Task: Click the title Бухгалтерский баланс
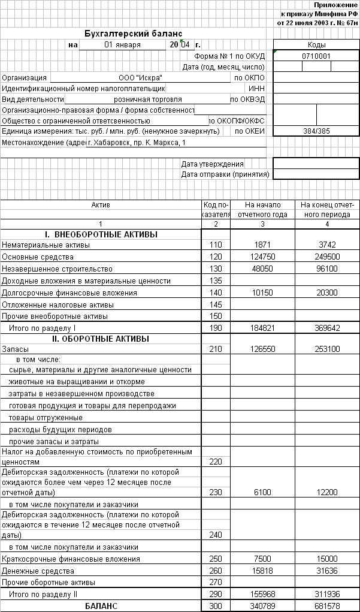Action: (x=134, y=34)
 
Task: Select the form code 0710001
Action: (x=316, y=56)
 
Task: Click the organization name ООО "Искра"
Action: (x=141, y=78)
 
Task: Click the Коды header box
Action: (x=316, y=45)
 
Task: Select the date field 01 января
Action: (x=122, y=45)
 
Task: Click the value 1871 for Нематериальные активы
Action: (x=263, y=245)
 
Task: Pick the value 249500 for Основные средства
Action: (x=327, y=257)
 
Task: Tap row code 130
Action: (x=216, y=269)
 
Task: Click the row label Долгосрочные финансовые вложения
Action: (x=69, y=293)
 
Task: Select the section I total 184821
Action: (x=263, y=328)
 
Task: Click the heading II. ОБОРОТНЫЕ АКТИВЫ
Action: (x=101, y=339)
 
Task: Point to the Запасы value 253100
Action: (x=327, y=349)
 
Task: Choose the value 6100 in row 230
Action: (x=263, y=493)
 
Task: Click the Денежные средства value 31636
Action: (x=327, y=571)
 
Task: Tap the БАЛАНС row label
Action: (x=101, y=606)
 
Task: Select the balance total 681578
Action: (x=327, y=606)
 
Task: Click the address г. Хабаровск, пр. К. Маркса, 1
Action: (x=136, y=143)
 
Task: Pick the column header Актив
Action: (x=101, y=205)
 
